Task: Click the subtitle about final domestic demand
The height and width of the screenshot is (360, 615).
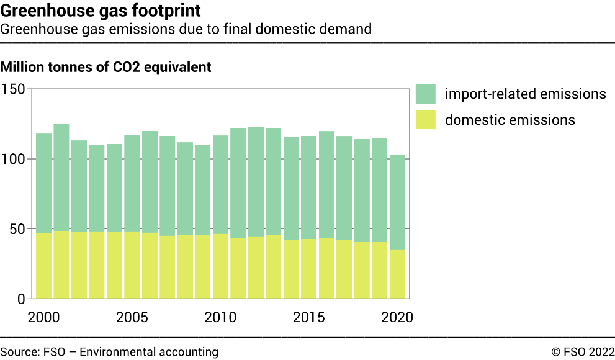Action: click(x=186, y=29)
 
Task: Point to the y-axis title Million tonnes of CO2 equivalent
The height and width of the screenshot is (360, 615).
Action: click(x=106, y=67)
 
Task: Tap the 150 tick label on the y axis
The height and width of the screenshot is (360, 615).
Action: click(x=13, y=89)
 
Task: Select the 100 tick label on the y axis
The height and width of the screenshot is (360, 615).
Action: click(x=13, y=160)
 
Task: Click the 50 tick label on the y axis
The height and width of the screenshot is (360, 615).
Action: click(x=17, y=229)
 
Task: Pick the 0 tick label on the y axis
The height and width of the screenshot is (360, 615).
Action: click(x=20, y=299)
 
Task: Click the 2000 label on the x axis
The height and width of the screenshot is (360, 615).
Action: click(x=43, y=317)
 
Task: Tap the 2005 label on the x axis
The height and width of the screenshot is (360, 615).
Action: click(x=132, y=317)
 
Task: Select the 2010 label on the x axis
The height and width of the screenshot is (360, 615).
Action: click(x=221, y=317)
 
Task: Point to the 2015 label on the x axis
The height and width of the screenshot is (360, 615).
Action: click(x=309, y=317)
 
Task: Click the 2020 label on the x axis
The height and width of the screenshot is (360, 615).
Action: click(x=397, y=317)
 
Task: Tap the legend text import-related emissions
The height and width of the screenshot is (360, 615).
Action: click(x=525, y=94)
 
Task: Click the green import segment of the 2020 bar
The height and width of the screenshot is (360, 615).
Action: click(x=397, y=202)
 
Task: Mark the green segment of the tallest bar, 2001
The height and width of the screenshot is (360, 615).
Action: click(x=61, y=177)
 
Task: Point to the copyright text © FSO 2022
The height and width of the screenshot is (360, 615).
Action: click(x=583, y=352)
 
